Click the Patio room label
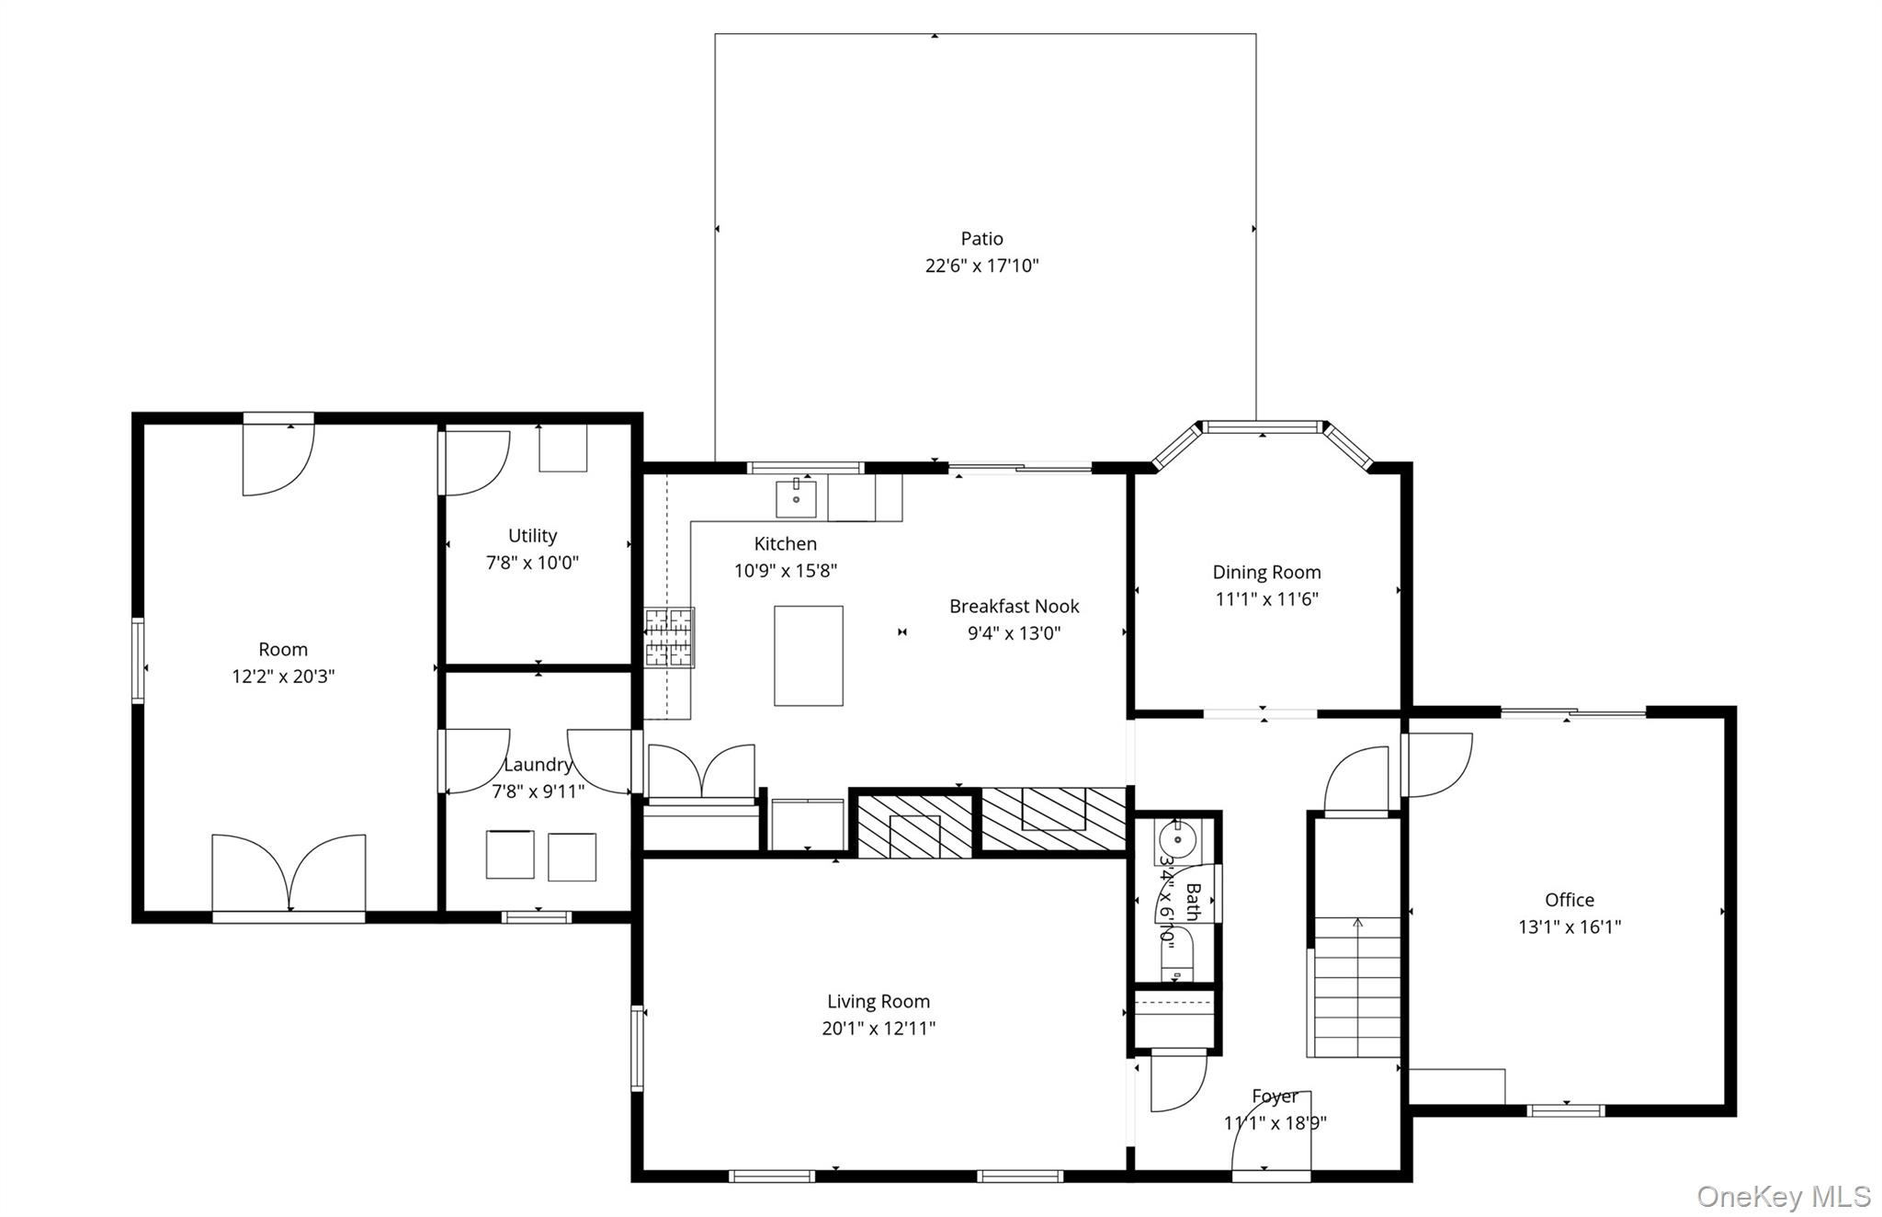tap(981, 239)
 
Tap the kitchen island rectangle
tap(808, 655)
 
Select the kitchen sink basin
tap(796, 499)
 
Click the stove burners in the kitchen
tap(668, 636)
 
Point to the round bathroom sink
tap(1177, 839)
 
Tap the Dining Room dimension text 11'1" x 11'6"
tap(1266, 599)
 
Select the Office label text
tap(1569, 900)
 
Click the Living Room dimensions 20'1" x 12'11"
tap(878, 1029)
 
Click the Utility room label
tap(532, 536)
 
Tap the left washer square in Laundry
tap(510, 854)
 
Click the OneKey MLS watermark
tap(1783, 1196)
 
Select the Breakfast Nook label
tap(1014, 607)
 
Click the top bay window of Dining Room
tap(1263, 427)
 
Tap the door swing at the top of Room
tap(278, 459)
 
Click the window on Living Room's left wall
tap(637, 1048)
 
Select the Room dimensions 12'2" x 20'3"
tap(283, 677)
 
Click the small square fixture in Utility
tap(562, 448)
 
